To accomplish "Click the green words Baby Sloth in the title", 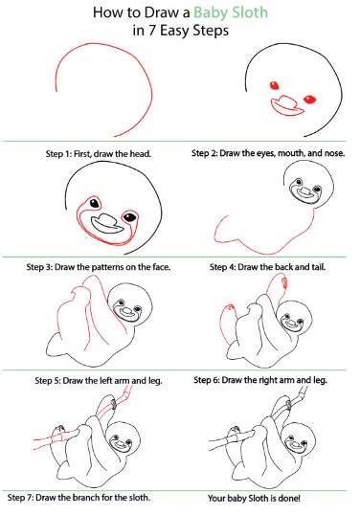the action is click(231, 13).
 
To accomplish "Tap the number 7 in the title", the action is click(151, 32).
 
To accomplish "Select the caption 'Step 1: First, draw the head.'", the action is click(99, 154).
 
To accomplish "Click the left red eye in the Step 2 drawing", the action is click(275, 86).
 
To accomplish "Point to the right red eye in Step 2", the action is click(310, 100).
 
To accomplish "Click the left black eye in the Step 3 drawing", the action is click(94, 203).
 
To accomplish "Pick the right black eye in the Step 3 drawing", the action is click(130, 217).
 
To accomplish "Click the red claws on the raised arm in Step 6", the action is click(284, 282).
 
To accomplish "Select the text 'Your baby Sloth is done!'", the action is click(254, 499).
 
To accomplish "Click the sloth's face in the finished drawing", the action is click(296, 444).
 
